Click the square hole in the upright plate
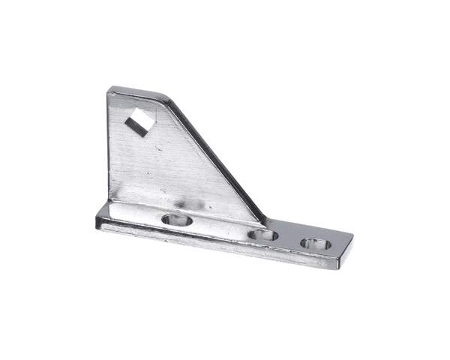point(139,121)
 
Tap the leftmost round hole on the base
point(178,220)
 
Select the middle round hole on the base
point(262,235)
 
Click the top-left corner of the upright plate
point(109,90)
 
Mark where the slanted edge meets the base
point(265,220)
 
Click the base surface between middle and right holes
point(288,238)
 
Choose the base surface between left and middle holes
point(220,228)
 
